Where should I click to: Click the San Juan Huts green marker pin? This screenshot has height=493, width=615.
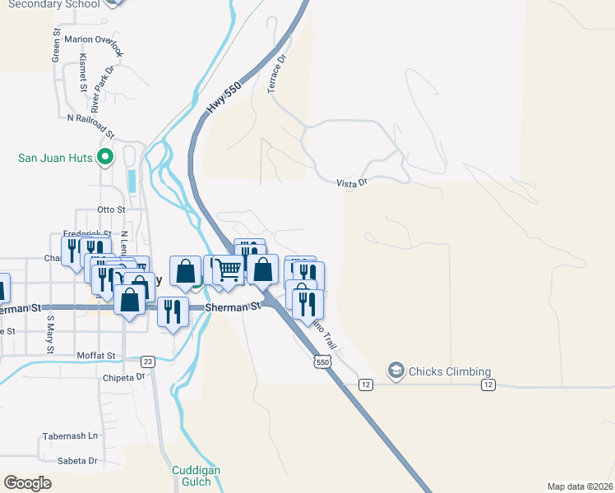(104, 156)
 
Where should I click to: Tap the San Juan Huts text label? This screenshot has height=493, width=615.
(56, 156)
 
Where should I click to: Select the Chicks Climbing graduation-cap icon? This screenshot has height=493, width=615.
(396, 371)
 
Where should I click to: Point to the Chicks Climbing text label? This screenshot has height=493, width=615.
(450, 371)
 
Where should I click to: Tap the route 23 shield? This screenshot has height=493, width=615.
(148, 361)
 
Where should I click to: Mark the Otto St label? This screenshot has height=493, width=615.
(110, 210)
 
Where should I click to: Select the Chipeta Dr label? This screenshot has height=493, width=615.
(123, 377)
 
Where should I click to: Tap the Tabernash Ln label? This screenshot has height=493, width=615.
(70, 435)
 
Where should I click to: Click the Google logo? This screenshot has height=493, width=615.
(27, 482)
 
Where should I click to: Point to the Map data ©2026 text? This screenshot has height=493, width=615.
(580, 486)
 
